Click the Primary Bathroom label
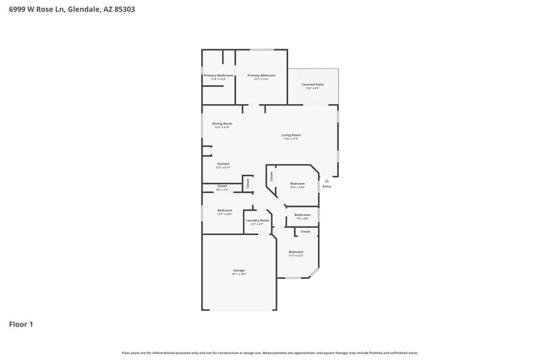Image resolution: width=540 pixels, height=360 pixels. click(x=218, y=75)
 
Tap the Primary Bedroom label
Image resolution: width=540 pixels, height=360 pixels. click(x=261, y=75)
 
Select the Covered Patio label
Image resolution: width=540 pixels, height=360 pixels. click(x=313, y=84)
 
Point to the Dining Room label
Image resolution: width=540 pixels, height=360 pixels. click(x=222, y=124)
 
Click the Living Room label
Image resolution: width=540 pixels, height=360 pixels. click(x=291, y=135)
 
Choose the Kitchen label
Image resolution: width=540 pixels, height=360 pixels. click(x=223, y=164)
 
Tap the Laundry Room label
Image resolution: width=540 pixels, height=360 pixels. click(x=257, y=220)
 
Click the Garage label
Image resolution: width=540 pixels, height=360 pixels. click(x=239, y=270)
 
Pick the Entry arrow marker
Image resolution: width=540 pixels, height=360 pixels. click(x=326, y=180)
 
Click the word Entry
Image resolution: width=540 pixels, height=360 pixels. click(x=326, y=186)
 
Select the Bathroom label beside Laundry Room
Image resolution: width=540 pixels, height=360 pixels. click(x=302, y=215)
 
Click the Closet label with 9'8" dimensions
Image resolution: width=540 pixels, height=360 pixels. click(x=222, y=186)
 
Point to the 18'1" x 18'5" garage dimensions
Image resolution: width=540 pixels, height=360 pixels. click(x=239, y=274)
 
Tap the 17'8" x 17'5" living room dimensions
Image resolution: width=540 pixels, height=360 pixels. click(x=291, y=139)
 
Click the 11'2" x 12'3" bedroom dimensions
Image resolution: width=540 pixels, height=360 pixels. click(x=296, y=255)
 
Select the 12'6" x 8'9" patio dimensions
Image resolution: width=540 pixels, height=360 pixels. click(x=313, y=88)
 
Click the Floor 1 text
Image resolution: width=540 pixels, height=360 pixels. click(x=21, y=324)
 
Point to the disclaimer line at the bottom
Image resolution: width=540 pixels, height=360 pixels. click(x=270, y=353)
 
